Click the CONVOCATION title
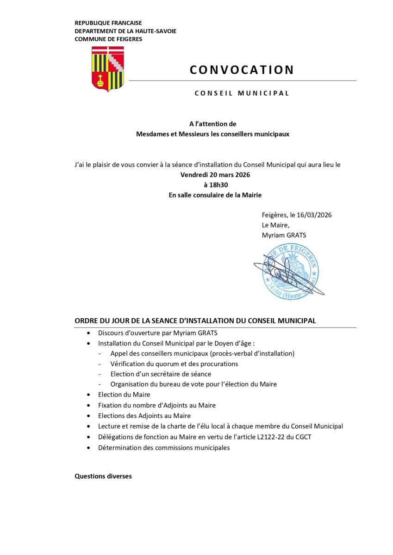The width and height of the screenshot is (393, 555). tap(242, 70)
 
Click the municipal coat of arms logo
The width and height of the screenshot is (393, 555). tap(108, 69)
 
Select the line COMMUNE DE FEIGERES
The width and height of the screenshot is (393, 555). tap(108, 39)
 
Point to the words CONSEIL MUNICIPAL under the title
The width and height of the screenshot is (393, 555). tap(242, 93)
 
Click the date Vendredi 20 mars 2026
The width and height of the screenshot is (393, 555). tap(215, 175)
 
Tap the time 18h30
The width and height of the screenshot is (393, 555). tap(215, 185)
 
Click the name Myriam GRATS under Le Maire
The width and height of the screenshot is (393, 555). tap(284, 235)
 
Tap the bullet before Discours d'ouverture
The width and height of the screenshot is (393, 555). tap(89, 333)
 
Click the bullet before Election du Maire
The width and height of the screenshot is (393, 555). tap(89, 395)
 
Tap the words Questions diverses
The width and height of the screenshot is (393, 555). tap(103, 476)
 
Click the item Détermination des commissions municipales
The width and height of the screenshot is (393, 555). tap(164, 448)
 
